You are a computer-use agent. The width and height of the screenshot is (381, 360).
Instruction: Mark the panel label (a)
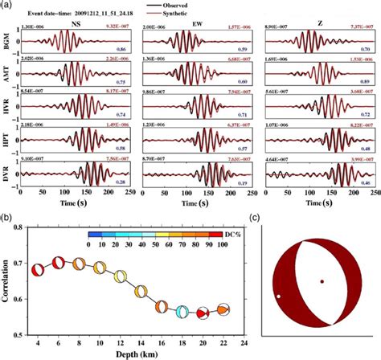click(x=7, y=6)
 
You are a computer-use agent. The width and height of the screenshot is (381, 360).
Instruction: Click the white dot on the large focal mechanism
click(x=279, y=297)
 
